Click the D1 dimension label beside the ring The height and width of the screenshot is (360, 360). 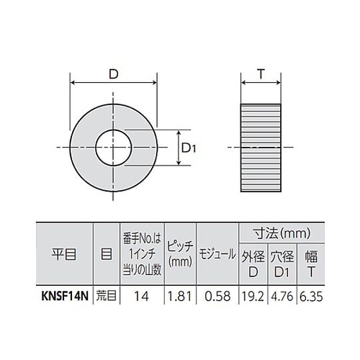coord(189,149)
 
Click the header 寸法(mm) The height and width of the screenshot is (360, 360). coord(282,234)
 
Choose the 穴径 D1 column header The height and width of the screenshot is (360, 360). coord(283,263)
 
